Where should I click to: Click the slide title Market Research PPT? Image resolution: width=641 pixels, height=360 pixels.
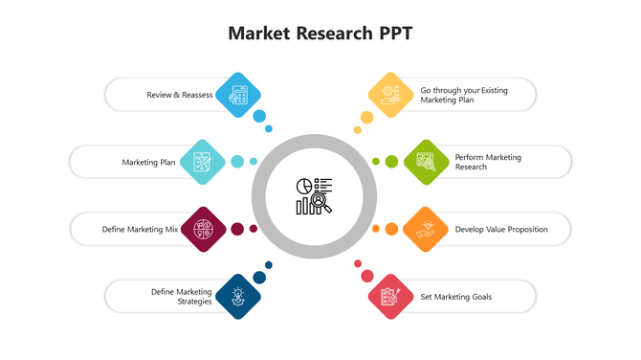click(x=320, y=34)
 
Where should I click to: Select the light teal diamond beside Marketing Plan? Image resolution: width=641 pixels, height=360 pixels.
click(x=202, y=162)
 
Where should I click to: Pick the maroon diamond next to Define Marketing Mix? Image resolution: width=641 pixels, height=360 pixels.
click(x=203, y=229)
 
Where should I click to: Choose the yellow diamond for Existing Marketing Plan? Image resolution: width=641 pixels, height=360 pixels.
click(x=391, y=95)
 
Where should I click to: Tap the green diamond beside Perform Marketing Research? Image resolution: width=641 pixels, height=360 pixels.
click(x=426, y=162)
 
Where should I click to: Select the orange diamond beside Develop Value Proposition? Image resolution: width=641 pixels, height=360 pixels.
click(x=426, y=229)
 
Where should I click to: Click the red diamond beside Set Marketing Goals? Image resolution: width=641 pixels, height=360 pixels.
click(x=390, y=296)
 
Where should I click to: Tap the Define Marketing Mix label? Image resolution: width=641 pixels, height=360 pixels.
click(x=140, y=229)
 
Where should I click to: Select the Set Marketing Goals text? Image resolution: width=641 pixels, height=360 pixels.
click(x=456, y=297)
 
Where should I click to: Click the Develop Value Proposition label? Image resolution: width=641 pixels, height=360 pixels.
click(x=501, y=230)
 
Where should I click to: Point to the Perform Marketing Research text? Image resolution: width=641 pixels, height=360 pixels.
click(x=488, y=162)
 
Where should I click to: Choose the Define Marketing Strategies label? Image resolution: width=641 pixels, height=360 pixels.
click(x=181, y=297)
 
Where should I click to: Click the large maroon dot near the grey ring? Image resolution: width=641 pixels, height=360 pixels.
click(x=237, y=229)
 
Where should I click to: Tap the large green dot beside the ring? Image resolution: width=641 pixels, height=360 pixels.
click(x=391, y=162)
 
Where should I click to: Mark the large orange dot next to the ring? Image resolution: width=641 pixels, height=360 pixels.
click(x=391, y=229)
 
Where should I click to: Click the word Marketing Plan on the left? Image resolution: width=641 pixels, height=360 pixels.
click(x=148, y=163)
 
